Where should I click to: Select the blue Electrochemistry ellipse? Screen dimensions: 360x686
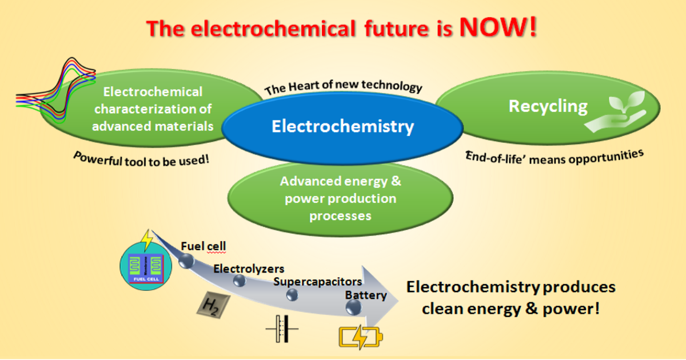[x=342, y=127]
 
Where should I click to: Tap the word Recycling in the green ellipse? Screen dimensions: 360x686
[x=548, y=106]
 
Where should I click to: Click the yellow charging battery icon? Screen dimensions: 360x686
[x=361, y=337]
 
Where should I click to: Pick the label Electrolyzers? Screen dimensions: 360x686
[x=249, y=269]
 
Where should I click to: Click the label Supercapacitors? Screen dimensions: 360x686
[x=317, y=282]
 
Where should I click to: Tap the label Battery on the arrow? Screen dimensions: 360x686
[x=365, y=295]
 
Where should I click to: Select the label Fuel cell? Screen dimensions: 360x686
[x=204, y=246]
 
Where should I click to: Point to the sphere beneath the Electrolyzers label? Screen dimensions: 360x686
[x=239, y=280]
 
